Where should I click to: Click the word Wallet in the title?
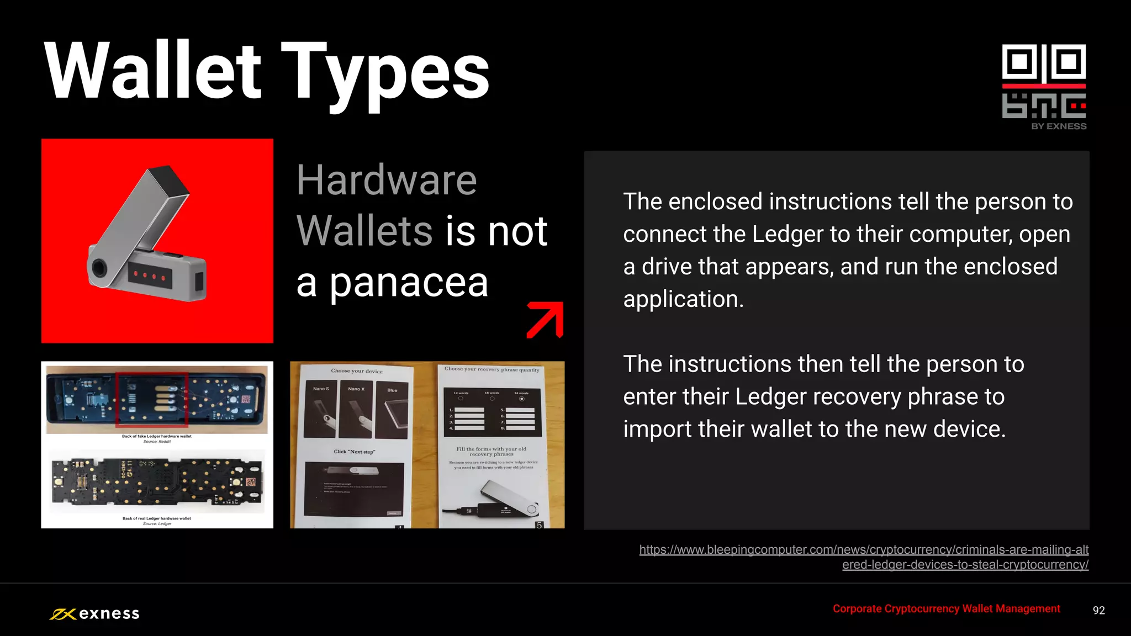click(x=152, y=71)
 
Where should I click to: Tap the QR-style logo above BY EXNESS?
click(x=1044, y=81)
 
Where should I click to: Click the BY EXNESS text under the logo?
click(x=1059, y=126)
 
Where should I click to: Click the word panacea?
click(x=409, y=283)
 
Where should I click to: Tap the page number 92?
click(x=1098, y=610)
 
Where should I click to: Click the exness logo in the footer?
click(x=94, y=613)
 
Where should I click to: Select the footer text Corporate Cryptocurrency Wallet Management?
click(x=946, y=608)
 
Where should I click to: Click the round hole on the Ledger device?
click(x=99, y=267)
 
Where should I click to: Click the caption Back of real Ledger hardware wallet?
click(x=157, y=518)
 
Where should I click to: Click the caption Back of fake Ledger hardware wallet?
click(x=157, y=436)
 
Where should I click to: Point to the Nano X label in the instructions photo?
click(x=356, y=389)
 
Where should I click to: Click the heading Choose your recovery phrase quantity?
click(x=491, y=369)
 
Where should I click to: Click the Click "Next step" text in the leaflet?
click(x=354, y=452)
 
